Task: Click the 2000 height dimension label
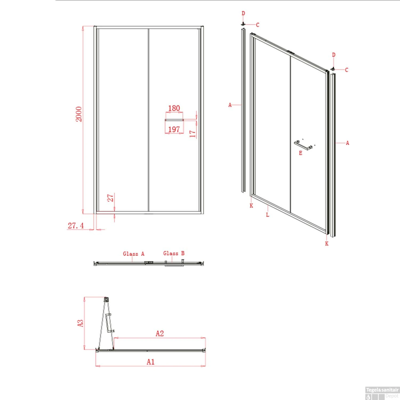tap(79, 114)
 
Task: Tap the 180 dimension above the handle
tap(174, 108)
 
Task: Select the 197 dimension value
tap(174, 129)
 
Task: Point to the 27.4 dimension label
tap(75, 226)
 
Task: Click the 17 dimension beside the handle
tap(193, 133)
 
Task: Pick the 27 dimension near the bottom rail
tap(110, 198)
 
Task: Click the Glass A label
tap(134, 254)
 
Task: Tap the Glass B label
tap(174, 253)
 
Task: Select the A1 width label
tap(151, 362)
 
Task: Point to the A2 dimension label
tap(160, 333)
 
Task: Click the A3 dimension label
tap(80, 323)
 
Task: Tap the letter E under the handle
tap(301, 153)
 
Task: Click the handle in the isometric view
tap(303, 145)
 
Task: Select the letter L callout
tap(268, 215)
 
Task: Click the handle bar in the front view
tap(174, 120)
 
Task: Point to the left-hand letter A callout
tap(230, 105)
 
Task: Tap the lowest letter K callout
tap(327, 243)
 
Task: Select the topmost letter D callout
tap(243, 13)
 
